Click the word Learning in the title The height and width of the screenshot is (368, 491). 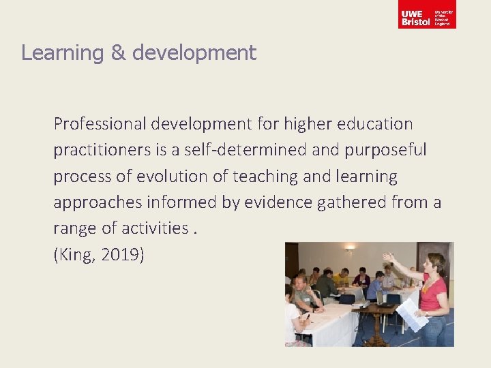[x=61, y=53]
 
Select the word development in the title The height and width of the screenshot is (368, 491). [x=194, y=53]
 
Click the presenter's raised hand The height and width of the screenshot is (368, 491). [x=388, y=258]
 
